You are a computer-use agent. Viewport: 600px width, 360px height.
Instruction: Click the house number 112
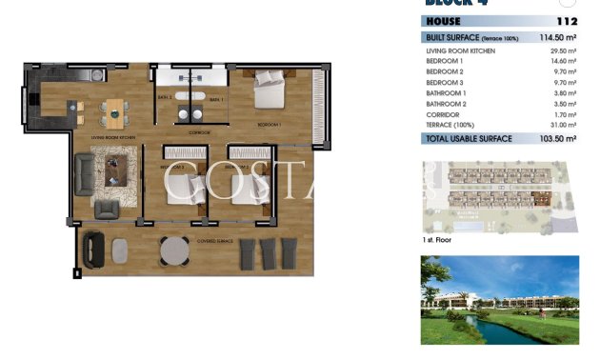point(568,21)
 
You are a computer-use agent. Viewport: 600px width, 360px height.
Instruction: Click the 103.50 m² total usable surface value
point(559,139)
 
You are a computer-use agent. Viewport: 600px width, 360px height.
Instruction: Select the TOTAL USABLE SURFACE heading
point(469,139)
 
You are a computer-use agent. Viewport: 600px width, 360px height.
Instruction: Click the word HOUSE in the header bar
point(444,21)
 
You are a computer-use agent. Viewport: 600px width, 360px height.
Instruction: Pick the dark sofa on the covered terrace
point(92,251)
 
